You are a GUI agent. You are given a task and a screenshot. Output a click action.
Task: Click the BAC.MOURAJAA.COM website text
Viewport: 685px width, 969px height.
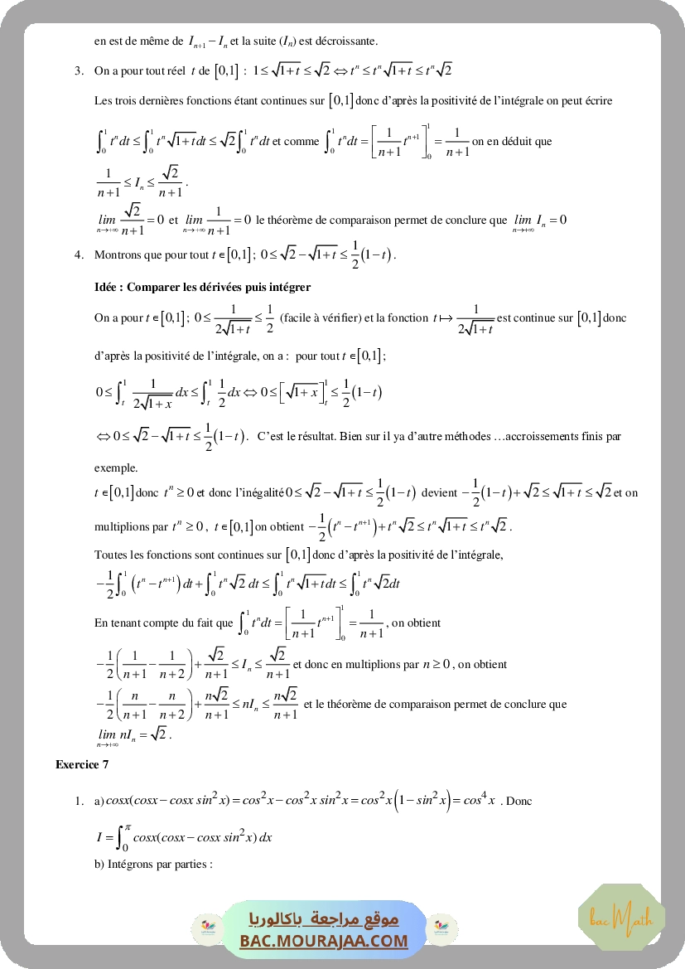pyautogui.click(x=324, y=941)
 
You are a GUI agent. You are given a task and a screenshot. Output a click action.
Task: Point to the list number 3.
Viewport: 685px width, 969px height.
pyautogui.click(x=79, y=70)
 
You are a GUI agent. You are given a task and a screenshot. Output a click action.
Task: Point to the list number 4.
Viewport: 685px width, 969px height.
pyautogui.click(x=79, y=254)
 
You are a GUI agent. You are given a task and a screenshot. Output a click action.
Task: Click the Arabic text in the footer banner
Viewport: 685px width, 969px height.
pyautogui.click(x=324, y=919)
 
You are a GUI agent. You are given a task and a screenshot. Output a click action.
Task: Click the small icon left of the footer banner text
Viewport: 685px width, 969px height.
pyautogui.click(x=203, y=927)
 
